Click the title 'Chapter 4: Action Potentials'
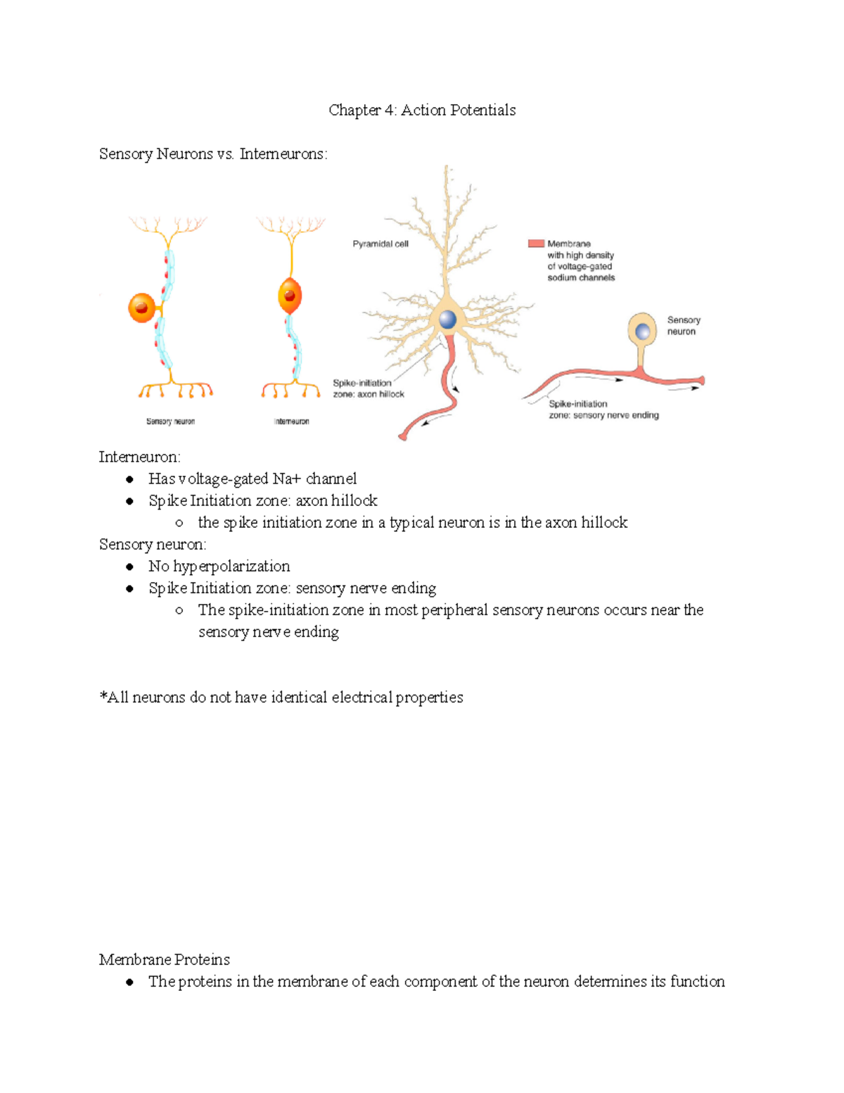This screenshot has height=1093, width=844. point(422,110)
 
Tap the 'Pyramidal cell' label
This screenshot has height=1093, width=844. point(380,244)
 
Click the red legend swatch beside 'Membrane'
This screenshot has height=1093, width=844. point(536,244)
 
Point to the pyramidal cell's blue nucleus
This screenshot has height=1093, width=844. point(447,320)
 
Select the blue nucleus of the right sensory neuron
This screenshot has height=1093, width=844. point(642,331)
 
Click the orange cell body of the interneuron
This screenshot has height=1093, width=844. point(290,296)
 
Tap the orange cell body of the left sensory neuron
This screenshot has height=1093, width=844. point(141,308)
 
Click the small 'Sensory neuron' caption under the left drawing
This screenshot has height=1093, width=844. point(170,422)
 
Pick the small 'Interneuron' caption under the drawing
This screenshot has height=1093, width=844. point(291,422)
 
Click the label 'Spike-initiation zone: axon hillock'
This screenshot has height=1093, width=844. point(368,388)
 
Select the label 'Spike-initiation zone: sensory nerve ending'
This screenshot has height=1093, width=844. point(603,410)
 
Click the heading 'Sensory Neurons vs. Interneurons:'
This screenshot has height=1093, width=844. point(213,154)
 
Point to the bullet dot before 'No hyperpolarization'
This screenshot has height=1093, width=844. point(129,567)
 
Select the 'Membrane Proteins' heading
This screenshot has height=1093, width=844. point(164,960)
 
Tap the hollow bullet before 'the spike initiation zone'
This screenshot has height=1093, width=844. point(179,523)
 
